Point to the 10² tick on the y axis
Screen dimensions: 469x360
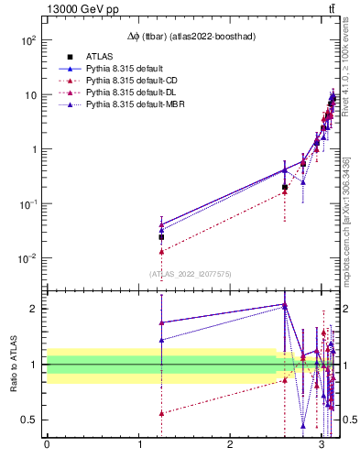click(x=27, y=41)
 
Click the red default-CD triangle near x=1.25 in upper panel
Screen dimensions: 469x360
click(x=161, y=251)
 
